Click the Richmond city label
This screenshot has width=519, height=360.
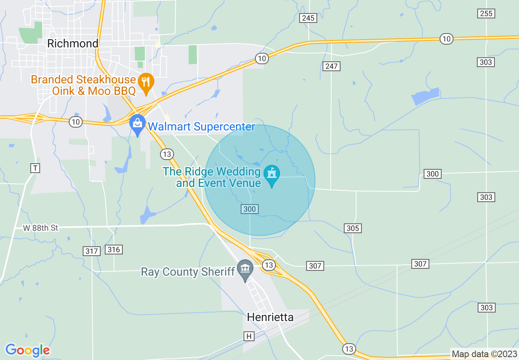[x=73, y=43]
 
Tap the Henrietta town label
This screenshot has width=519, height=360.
[x=270, y=317]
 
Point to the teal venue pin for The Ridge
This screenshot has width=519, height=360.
[x=271, y=175]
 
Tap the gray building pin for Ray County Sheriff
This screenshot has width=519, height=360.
[x=245, y=270]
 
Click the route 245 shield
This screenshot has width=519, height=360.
[x=307, y=18]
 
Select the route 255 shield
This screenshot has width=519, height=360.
[x=486, y=13]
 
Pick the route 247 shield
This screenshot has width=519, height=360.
[x=331, y=66]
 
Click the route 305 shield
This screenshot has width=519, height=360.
[x=352, y=228]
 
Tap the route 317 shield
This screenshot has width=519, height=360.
[x=91, y=251]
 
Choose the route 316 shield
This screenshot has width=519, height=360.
[x=113, y=249]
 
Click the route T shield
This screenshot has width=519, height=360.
[x=36, y=168]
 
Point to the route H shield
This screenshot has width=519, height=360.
[x=248, y=336]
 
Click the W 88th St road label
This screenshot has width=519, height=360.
[x=41, y=228]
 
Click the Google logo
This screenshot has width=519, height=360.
[x=27, y=350]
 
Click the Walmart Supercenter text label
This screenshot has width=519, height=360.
[x=201, y=126]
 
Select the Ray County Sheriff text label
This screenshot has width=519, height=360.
[x=188, y=272]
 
